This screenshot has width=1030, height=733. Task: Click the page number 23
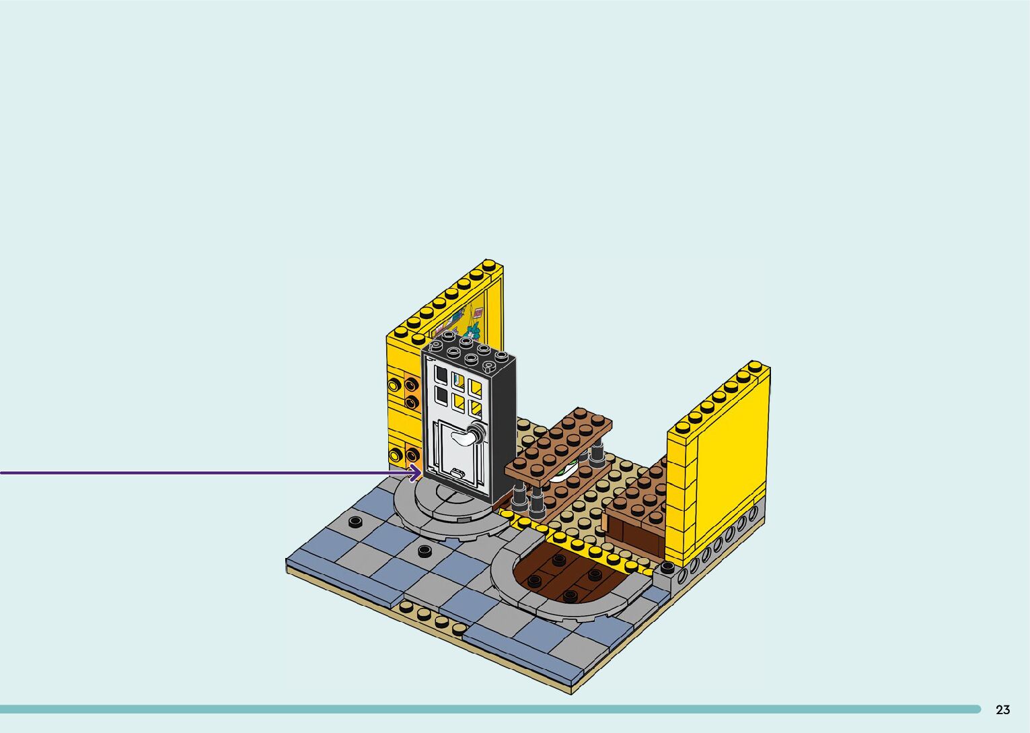(x=1003, y=709)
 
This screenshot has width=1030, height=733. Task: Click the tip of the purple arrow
(x=420, y=473)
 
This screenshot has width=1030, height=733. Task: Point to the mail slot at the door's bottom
(x=458, y=472)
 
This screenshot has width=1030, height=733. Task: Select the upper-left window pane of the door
(x=441, y=374)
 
